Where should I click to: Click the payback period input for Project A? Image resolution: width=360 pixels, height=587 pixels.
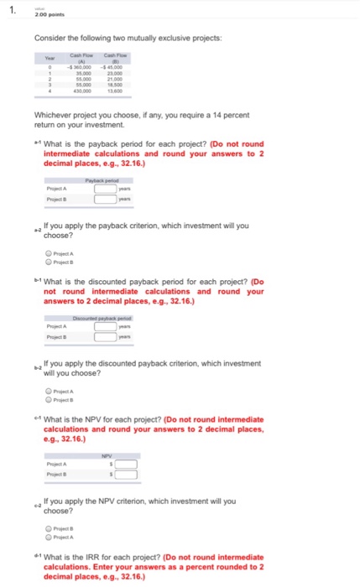[x=104, y=188]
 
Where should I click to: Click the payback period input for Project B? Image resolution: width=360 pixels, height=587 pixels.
[x=104, y=199]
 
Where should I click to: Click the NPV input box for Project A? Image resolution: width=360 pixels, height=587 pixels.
[x=126, y=464]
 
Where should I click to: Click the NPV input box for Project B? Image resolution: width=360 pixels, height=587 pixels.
[x=126, y=475]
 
